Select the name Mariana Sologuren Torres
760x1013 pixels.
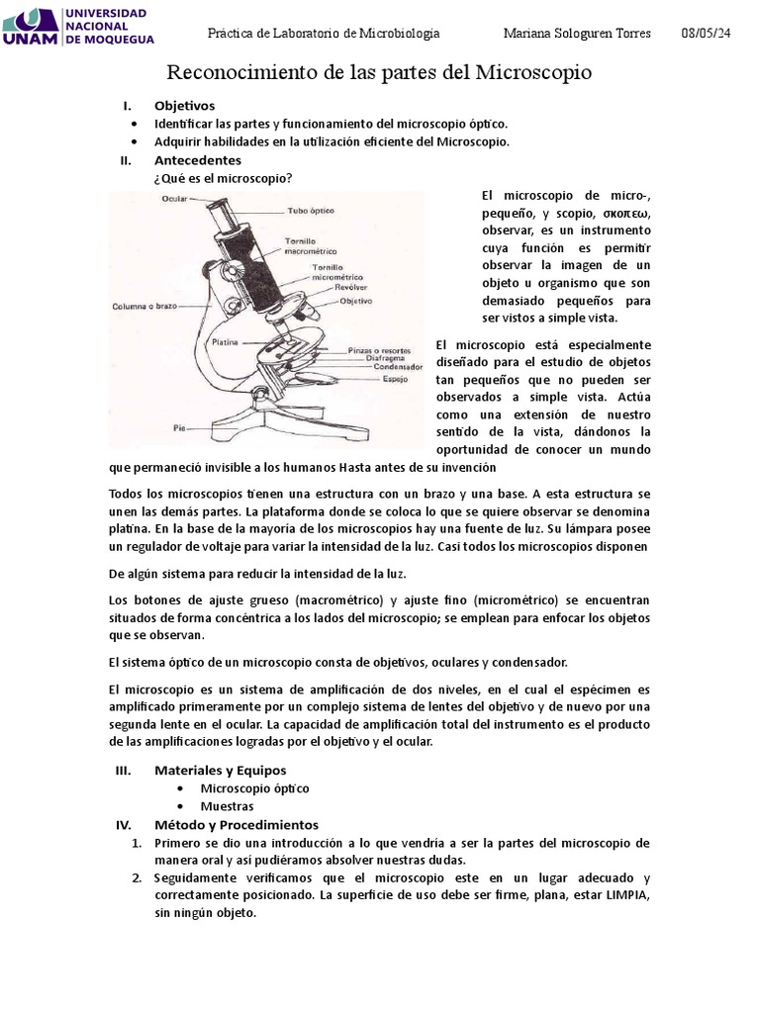tap(577, 34)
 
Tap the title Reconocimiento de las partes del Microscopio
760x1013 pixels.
tap(379, 72)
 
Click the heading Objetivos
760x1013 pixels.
tap(184, 106)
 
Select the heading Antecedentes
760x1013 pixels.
tap(197, 159)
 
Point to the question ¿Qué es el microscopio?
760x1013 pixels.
tap(223, 178)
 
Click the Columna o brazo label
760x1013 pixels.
tap(143, 306)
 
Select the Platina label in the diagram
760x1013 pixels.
tap(226, 341)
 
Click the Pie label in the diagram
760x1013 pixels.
tap(179, 428)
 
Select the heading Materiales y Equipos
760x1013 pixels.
tap(220, 770)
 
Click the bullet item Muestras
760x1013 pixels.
tap(227, 806)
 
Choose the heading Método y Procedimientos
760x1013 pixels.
tap(236, 824)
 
